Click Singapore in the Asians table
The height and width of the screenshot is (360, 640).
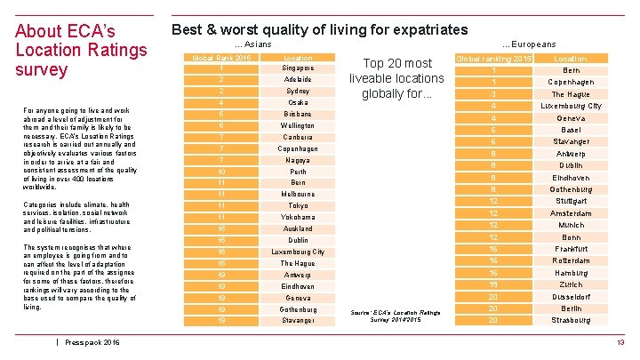(x=298, y=68)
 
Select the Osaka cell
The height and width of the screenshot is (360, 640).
(x=298, y=102)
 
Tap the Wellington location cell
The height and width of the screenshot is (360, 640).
(x=298, y=125)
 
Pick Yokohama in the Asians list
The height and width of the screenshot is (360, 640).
(x=298, y=217)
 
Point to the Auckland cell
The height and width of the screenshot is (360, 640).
(x=298, y=228)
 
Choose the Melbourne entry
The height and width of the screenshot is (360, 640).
(x=298, y=194)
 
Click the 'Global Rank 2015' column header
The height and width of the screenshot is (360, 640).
(x=221, y=57)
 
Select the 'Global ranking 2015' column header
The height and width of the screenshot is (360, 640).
(x=493, y=59)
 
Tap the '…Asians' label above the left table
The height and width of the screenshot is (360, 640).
(x=252, y=44)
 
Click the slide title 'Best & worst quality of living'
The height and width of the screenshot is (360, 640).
(x=319, y=30)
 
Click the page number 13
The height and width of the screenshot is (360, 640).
(x=620, y=342)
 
